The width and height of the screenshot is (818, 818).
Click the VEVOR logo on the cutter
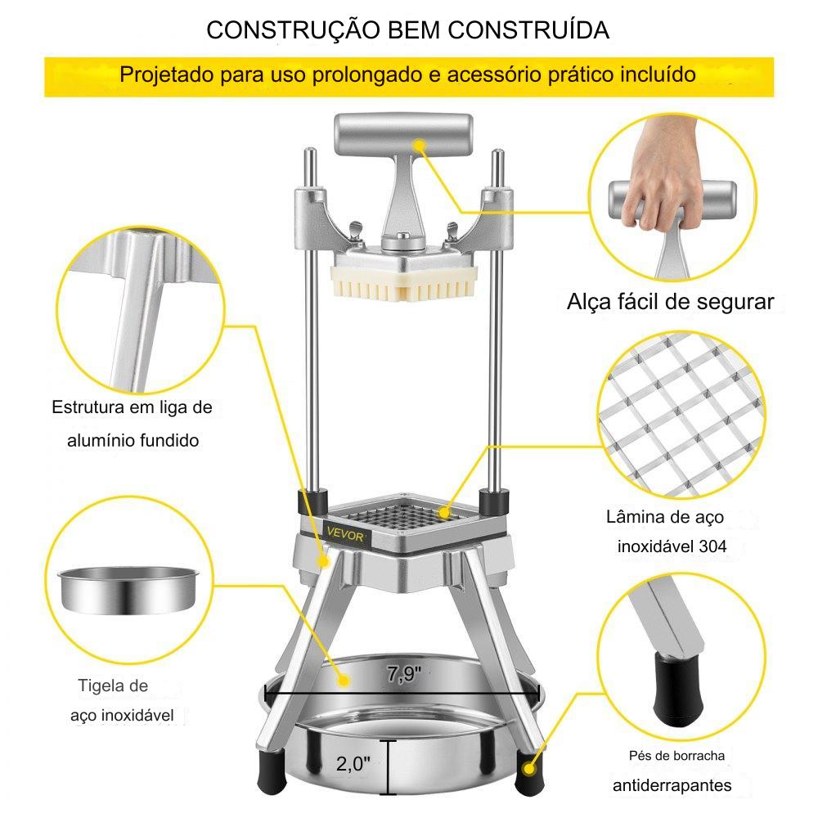[346, 535]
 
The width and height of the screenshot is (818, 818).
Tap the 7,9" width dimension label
[404, 673]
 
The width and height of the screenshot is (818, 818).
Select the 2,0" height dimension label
[353, 764]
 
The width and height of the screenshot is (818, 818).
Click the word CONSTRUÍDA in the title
[528, 29]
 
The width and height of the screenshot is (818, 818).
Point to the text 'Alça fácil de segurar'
[671, 302]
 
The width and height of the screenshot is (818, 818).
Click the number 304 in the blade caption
[712, 546]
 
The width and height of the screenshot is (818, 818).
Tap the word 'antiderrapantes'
[672, 785]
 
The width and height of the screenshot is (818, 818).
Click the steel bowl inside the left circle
[128, 590]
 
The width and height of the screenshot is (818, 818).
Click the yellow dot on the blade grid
[444, 513]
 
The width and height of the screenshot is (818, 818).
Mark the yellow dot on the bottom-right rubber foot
[529, 768]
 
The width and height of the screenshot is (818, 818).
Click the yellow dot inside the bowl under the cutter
[344, 681]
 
